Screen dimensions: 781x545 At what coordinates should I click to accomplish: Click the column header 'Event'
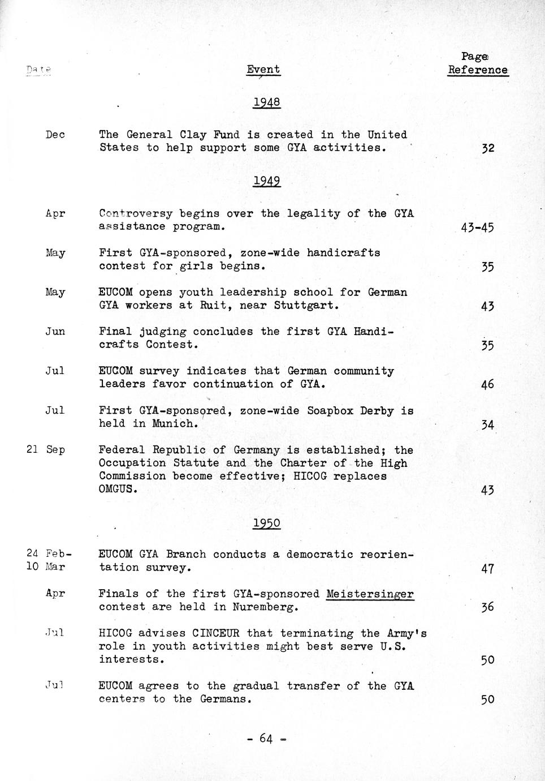(x=263, y=70)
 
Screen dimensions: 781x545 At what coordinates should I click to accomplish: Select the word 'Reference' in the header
(x=478, y=70)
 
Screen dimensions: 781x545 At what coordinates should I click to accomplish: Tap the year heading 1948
(x=266, y=102)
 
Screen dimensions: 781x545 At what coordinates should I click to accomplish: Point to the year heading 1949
(x=266, y=181)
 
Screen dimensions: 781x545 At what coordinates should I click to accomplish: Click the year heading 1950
(x=266, y=523)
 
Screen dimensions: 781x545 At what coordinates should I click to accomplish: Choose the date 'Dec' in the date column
(x=55, y=135)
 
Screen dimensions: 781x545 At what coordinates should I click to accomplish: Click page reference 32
(x=487, y=148)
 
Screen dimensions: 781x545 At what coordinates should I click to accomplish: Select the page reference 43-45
(x=477, y=228)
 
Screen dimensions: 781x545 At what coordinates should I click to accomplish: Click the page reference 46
(x=487, y=385)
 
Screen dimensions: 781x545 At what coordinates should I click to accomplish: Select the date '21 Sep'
(x=46, y=450)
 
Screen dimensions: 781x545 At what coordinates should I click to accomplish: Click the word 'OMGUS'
(x=117, y=489)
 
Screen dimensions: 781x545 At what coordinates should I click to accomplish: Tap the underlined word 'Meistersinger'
(x=370, y=594)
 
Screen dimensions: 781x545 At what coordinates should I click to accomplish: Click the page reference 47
(x=487, y=569)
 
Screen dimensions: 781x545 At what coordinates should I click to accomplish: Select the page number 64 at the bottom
(x=267, y=738)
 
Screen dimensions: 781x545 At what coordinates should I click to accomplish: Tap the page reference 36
(x=487, y=607)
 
